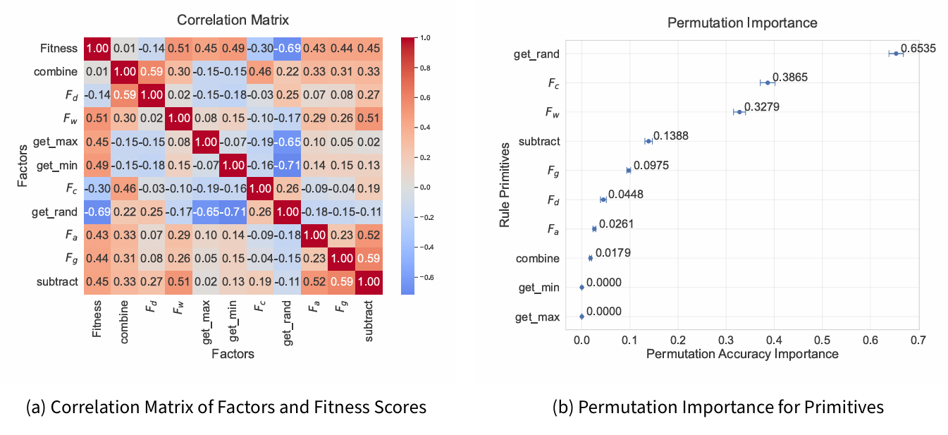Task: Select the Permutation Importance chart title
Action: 741,23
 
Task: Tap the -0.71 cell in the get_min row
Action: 288,166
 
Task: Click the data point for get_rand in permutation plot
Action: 896,54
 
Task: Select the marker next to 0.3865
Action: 768,82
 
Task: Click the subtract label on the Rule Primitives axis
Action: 539,142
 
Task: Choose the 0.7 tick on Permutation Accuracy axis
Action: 918,340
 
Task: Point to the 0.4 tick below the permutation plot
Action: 774,340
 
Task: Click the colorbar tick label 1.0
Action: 424,37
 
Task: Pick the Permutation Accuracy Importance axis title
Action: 741,353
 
